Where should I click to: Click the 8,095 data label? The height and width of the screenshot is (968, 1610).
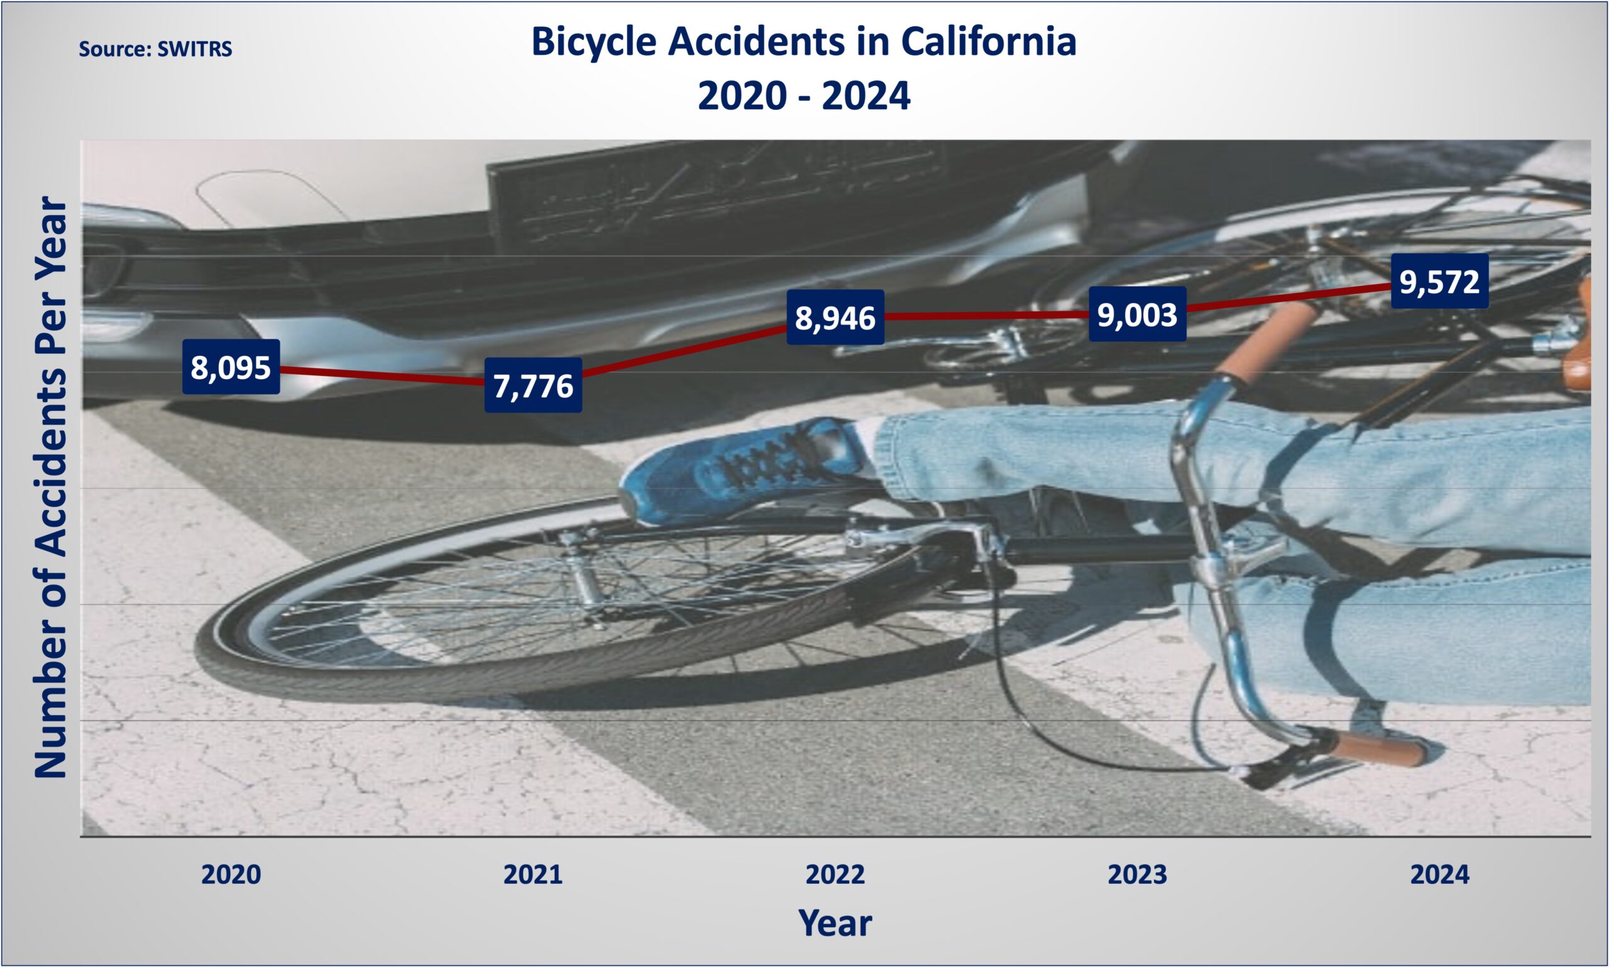[231, 367]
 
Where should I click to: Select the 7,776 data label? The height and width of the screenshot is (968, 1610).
[533, 385]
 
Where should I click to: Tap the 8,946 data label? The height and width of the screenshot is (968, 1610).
[835, 317]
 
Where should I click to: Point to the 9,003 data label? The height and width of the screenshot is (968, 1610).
[1137, 314]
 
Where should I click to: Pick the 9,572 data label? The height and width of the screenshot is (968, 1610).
[1440, 281]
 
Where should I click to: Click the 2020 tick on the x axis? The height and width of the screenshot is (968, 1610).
[231, 875]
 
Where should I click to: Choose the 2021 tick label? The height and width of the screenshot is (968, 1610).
[533, 875]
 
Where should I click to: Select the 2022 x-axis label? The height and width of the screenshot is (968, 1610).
[835, 875]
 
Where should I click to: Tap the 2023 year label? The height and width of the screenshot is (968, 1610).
[1137, 875]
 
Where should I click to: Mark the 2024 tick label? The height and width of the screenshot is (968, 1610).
[1440, 875]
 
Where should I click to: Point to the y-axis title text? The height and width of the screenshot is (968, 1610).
[51, 487]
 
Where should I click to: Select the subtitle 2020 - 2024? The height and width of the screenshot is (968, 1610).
[804, 96]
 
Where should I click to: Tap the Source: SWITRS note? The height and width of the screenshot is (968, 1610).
[155, 49]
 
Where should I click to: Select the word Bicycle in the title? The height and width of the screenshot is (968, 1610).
[594, 43]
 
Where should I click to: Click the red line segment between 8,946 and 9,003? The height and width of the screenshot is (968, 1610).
[987, 316]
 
